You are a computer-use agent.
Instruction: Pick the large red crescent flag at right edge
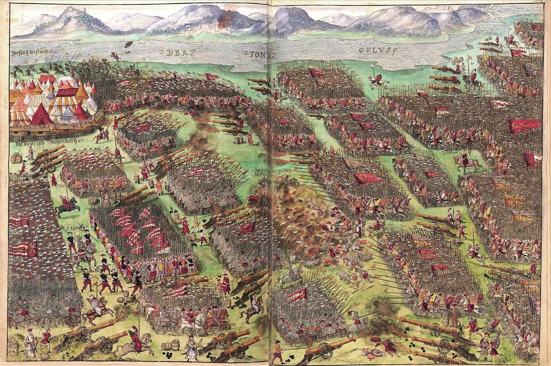pos(523,126)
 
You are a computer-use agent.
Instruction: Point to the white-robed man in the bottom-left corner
pos(29,342)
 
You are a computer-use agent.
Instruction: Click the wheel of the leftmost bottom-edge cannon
pos(84,336)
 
